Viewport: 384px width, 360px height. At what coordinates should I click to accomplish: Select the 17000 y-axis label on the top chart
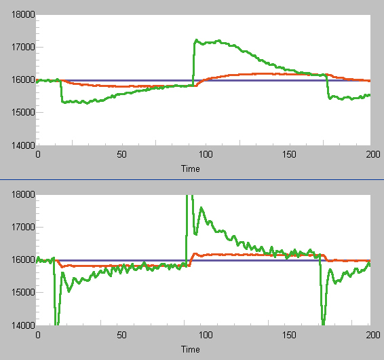(x=24, y=48)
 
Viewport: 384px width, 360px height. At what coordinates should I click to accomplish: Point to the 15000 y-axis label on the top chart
(x=24, y=113)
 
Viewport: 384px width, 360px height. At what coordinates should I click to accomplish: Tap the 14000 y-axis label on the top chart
(x=24, y=145)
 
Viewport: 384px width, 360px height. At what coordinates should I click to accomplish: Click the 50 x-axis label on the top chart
(x=121, y=155)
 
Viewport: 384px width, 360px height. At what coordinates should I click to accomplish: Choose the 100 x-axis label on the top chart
(x=206, y=155)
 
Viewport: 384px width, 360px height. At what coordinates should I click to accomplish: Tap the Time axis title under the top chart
(x=190, y=168)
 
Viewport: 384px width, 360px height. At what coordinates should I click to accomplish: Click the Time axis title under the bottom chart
(x=190, y=349)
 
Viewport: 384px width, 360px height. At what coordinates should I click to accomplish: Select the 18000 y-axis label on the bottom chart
(x=24, y=195)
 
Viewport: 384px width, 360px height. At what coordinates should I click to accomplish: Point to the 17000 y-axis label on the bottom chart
(x=24, y=228)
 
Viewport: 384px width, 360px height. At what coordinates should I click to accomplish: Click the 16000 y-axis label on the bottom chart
(x=24, y=260)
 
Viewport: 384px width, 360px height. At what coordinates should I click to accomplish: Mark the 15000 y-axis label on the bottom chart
(x=24, y=293)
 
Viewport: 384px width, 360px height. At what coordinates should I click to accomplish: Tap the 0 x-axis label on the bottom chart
(x=38, y=336)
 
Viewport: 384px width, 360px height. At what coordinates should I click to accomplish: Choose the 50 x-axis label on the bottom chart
(x=121, y=336)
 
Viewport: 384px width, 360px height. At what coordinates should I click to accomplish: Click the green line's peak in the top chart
(x=197, y=40)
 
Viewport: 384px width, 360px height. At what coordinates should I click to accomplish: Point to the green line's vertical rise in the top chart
(x=193, y=65)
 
